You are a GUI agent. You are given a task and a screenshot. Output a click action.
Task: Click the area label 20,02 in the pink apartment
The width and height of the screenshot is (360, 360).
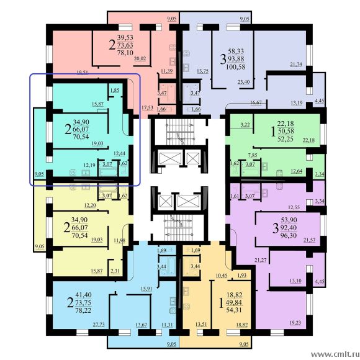(x=140, y=59)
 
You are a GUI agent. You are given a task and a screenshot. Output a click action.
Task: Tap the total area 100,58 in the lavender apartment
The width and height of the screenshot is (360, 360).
(x=236, y=67)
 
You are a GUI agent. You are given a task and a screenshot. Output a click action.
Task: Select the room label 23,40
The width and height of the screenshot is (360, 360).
(x=244, y=82)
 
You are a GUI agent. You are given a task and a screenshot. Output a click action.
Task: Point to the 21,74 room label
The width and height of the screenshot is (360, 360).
(x=296, y=65)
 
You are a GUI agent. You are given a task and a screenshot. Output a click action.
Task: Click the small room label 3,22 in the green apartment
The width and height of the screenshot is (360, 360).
(x=245, y=125)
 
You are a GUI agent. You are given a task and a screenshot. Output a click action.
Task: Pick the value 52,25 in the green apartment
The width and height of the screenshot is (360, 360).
(x=286, y=139)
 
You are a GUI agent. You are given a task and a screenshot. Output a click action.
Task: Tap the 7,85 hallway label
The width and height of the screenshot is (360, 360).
(x=253, y=155)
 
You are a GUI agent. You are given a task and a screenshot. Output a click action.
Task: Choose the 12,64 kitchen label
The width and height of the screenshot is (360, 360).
(x=297, y=171)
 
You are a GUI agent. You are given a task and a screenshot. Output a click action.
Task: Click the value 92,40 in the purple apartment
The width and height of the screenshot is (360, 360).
(x=289, y=228)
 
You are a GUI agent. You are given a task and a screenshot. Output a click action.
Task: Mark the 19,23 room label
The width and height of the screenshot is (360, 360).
(x=295, y=323)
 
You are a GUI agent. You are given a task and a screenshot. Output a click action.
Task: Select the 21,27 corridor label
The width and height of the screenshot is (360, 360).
(x=261, y=260)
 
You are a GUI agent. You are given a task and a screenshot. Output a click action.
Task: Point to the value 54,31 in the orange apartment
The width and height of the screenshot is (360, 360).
(x=234, y=310)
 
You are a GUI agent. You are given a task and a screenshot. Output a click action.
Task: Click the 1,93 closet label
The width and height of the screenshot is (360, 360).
(x=242, y=276)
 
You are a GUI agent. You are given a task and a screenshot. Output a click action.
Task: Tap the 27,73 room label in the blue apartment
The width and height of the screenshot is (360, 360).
(x=99, y=325)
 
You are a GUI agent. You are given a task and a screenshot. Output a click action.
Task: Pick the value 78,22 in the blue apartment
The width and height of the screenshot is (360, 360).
(x=83, y=310)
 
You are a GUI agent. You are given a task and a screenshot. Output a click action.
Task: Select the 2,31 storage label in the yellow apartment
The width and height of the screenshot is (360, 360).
(x=115, y=271)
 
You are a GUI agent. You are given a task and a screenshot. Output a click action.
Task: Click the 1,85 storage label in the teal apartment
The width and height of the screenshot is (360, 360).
(x=115, y=91)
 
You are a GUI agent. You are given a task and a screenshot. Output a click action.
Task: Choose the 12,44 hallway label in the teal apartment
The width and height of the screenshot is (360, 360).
(x=120, y=153)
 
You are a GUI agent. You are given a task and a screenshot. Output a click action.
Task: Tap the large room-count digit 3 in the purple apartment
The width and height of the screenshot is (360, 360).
(x=276, y=228)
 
